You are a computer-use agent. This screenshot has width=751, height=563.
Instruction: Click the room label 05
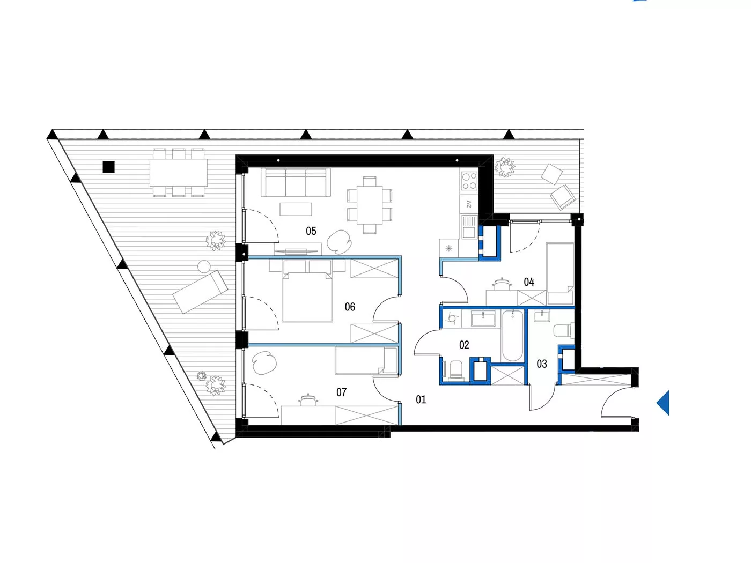pos(311,231)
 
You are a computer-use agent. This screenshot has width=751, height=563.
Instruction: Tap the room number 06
pos(350,307)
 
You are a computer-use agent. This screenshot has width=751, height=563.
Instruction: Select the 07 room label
pos(341,392)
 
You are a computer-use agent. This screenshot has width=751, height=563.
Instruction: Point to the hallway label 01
pos(421,399)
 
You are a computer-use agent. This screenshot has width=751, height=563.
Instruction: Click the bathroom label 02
pos(464,345)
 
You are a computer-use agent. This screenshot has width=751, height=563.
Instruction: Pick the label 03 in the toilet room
pos(542,364)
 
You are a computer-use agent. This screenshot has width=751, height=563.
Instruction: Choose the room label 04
pos(528,281)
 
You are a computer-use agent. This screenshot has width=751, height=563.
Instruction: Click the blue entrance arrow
pos(662,403)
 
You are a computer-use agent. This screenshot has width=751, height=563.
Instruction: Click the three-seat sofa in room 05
pos(296,182)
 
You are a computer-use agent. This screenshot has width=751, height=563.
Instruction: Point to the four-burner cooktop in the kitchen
pos(469,181)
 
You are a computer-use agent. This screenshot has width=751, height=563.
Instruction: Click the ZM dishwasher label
pos(469,204)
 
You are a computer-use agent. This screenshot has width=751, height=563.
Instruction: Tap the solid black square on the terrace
pos(109,167)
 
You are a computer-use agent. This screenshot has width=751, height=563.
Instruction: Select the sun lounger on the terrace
pos(200,292)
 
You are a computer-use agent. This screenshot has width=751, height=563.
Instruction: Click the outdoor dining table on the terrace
pos(179,173)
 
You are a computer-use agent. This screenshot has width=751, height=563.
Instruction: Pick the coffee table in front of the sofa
pos(296,209)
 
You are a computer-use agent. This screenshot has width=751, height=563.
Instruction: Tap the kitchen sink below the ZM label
pos(469,227)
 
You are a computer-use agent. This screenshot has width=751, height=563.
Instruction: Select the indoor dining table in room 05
pos(370,205)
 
